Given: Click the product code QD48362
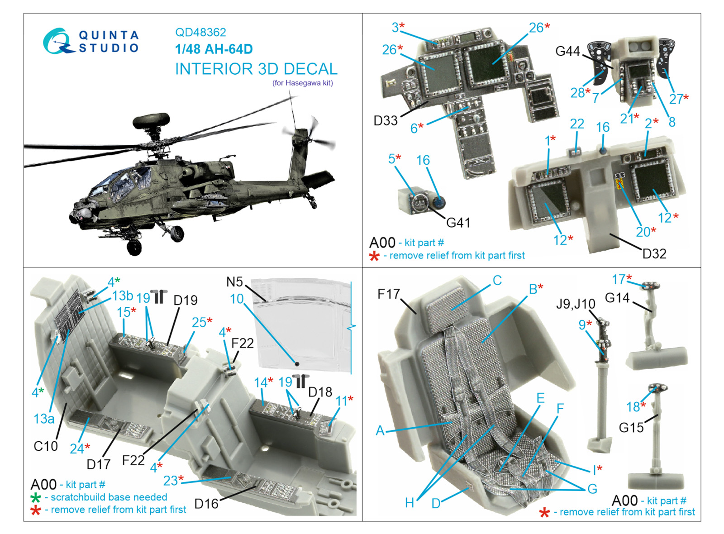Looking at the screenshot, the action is coord(200,32).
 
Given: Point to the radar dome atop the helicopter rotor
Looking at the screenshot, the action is coord(151,120).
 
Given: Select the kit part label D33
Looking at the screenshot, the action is coord(385,120).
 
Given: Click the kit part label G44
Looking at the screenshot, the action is coord(567,51).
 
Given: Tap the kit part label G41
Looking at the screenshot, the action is coord(458,223).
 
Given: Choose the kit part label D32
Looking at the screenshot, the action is coord(654,254).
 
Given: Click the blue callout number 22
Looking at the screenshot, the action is coord(577,124).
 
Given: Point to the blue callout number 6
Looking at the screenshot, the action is coord(414,129).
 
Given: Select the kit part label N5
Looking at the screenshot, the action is coord(234,282).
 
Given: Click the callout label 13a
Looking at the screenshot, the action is coord(44,419).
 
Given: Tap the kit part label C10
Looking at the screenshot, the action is coord(46,446).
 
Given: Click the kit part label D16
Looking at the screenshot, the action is coord(206,504).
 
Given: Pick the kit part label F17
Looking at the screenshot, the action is coord(389,294).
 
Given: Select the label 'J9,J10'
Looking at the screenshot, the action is coord(575,304).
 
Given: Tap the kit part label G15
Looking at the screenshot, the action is coord(631,427).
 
